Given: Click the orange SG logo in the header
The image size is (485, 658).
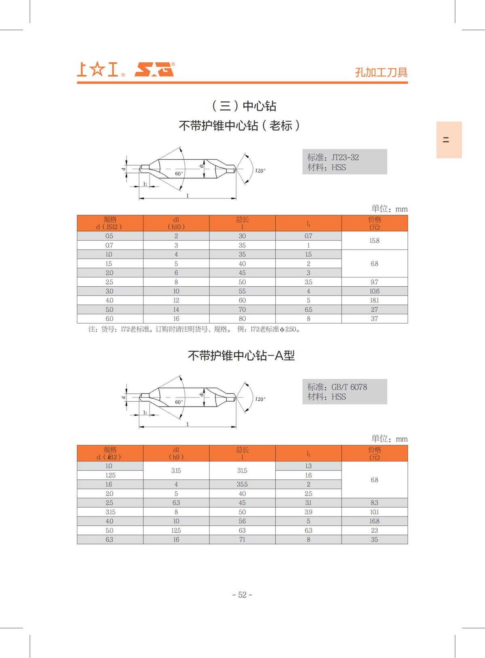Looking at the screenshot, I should tap(154, 70).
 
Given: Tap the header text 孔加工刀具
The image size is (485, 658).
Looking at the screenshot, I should tap(381, 72).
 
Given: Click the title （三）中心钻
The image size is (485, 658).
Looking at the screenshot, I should tap(244, 106).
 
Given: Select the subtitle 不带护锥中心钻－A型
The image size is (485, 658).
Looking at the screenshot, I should tap(241, 355).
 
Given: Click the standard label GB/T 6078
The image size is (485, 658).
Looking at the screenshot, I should tap(349, 387).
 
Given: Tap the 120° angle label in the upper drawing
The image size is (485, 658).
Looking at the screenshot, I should tap(260, 171).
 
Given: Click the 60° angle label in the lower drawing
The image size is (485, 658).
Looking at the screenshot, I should tap(179, 402).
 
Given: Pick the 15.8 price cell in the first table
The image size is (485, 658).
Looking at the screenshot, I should tap(374, 241).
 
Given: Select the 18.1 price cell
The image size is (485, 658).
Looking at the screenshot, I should tap(374, 300).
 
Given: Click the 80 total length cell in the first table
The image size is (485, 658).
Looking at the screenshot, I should tap(242, 319).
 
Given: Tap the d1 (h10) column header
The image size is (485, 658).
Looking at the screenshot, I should tap(176, 223).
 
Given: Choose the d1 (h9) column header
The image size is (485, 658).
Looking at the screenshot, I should tap(176, 453).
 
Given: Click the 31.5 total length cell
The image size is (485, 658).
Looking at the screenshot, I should tap(242, 471).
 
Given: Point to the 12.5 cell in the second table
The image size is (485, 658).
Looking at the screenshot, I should tap(176, 531).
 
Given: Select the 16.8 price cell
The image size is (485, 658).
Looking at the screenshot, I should tap(374, 521).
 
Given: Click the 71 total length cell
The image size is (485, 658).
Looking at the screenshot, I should tap(242, 540).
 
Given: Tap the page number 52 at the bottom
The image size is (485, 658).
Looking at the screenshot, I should tap(242, 595).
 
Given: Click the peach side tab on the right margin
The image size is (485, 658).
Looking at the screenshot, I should tap(449, 140).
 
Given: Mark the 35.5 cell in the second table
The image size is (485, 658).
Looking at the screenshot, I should tap(242, 485).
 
